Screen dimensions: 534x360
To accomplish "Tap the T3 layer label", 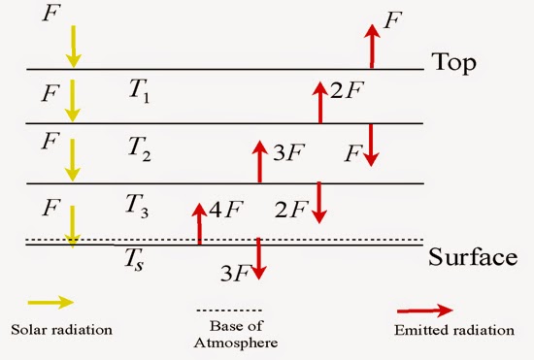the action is coord(138,204).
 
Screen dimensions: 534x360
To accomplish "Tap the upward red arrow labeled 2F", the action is coord(318,102).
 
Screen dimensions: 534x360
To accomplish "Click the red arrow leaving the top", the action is coord(371,46).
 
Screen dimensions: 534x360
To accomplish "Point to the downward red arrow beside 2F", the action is coord(318,201).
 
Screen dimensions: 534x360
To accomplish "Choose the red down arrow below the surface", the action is coord(258,260).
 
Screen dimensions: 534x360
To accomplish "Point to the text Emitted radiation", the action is coord(455,330).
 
